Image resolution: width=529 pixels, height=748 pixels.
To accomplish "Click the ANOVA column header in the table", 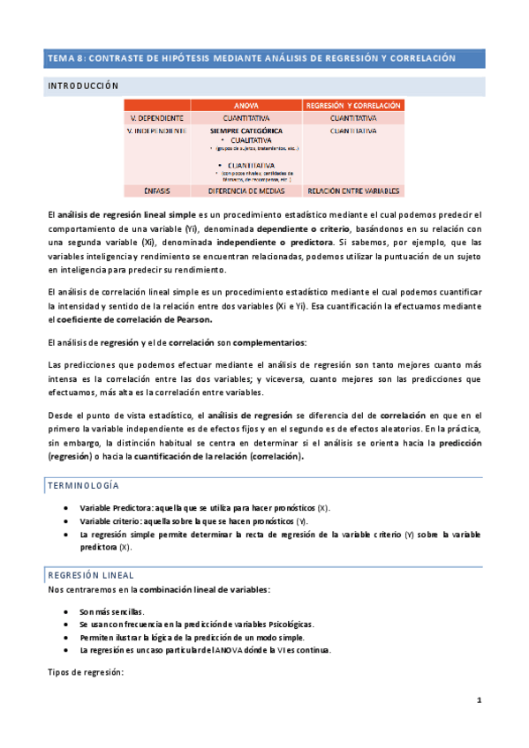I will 246,105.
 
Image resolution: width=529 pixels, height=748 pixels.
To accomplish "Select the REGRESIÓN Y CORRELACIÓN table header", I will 353,105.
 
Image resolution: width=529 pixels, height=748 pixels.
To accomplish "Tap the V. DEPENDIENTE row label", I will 156,117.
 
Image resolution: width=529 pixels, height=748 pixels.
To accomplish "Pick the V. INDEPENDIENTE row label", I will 156,131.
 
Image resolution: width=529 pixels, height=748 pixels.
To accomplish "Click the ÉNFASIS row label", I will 156,190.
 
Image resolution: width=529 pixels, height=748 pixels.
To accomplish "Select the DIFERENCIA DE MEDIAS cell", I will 246,190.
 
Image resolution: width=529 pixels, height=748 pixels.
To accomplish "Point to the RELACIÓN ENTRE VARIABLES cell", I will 353,190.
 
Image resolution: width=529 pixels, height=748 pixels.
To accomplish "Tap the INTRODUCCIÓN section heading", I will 82,86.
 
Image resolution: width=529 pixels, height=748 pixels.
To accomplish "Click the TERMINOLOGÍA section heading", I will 84,486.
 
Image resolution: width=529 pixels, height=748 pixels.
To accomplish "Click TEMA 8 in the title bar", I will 66,58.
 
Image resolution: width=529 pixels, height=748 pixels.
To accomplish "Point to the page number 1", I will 478,700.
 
